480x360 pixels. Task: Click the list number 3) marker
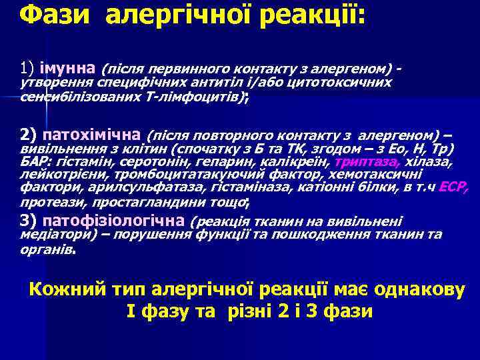point(29,221)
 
